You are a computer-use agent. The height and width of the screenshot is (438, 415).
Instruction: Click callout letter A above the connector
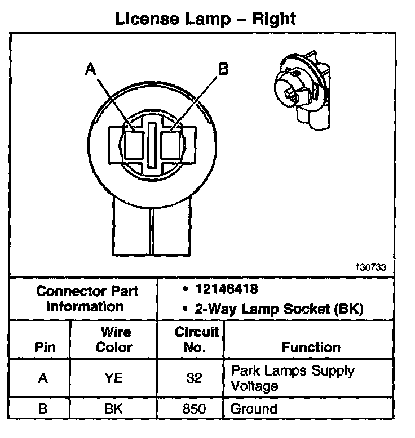[91, 70]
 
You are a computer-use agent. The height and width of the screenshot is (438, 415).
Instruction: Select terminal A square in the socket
[134, 145]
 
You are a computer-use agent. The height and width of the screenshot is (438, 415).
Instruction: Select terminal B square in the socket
[171, 145]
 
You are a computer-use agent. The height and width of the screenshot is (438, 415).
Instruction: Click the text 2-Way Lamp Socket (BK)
[275, 309]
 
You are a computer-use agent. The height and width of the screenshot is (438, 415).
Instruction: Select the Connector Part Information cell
[87, 299]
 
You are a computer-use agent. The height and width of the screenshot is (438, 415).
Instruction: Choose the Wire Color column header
[113, 340]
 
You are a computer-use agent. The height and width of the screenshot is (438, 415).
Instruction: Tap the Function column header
[311, 347]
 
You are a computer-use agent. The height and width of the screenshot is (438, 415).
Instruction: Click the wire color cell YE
[113, 378]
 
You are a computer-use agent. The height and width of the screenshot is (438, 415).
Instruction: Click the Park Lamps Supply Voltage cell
[293, 378]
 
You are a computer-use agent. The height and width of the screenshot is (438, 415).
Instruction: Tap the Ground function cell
[254, 409]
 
